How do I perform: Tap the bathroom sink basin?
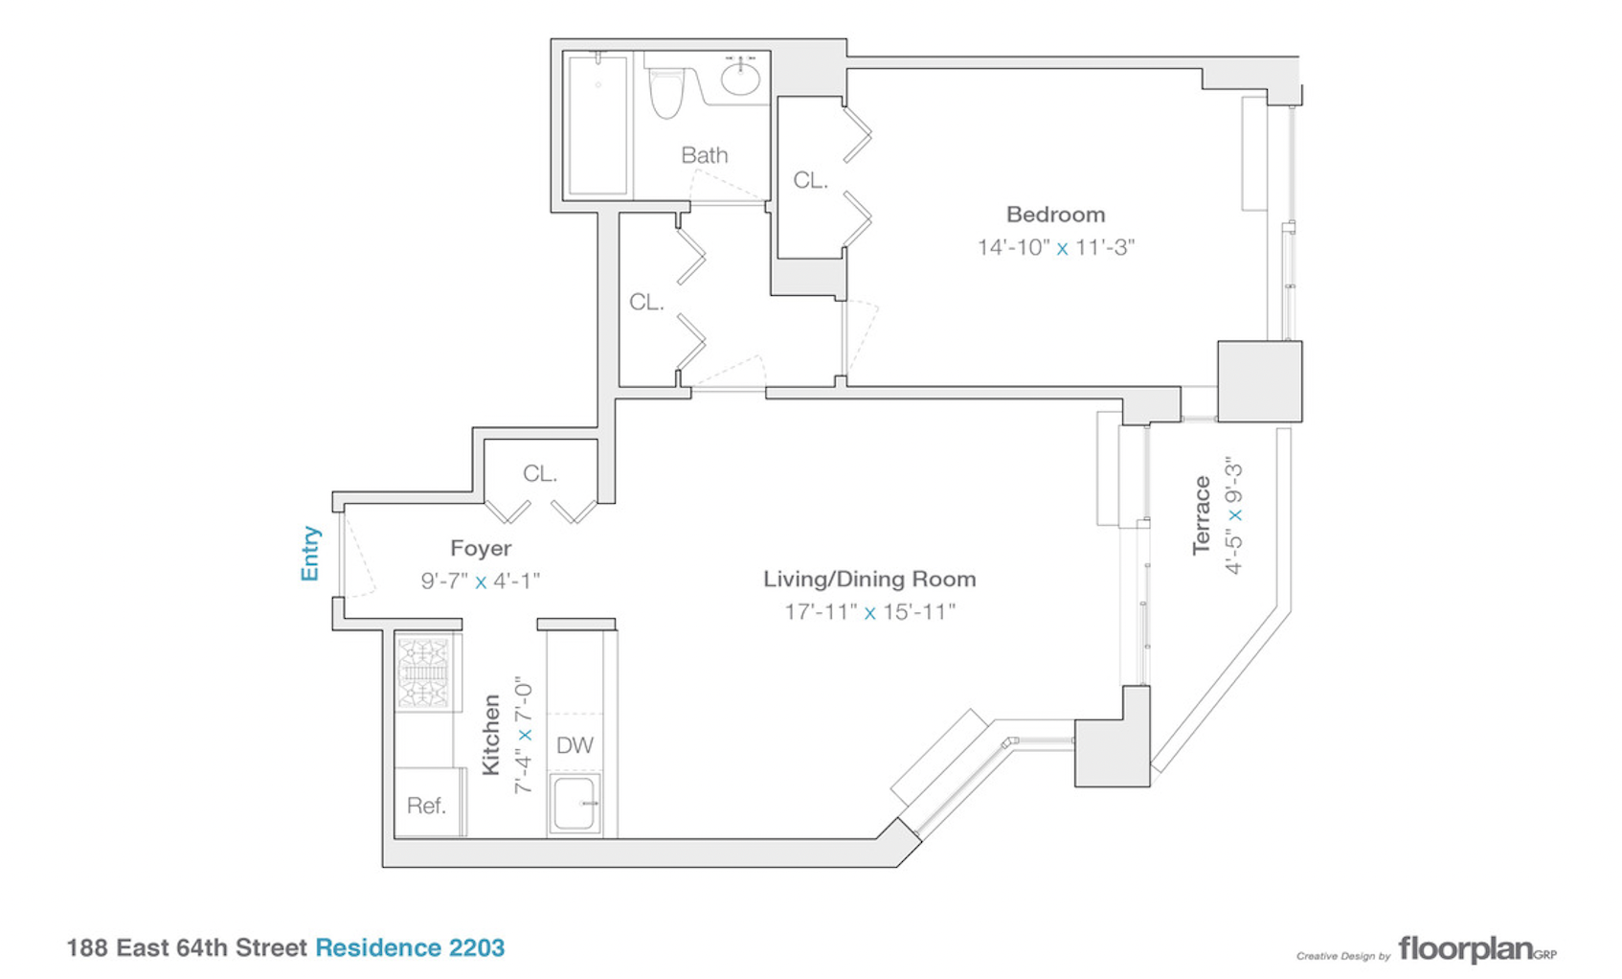tap(740, 78)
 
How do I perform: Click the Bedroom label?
tap(1055, 215)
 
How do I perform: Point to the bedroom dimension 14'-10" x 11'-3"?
tap(1055, 247)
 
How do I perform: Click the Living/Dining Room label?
tap(869, 579)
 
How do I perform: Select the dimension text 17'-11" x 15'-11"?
tap(869, 611)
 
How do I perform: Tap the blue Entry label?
tap(310, 553)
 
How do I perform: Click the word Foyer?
tap(481, 548)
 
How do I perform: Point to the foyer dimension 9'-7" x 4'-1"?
tap(481, 581)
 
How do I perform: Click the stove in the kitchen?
tap(423, 672)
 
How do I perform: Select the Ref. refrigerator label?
tap(426, 806)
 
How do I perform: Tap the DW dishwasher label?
tap(574, 745)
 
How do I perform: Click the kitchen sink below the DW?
tap(575, 804)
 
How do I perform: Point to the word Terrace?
tap(1202, 515)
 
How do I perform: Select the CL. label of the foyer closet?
tap(540, 473)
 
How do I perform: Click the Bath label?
tap(704, 155)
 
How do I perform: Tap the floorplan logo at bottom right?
tap(1476, 949)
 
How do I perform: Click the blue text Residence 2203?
tap(410, 947)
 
